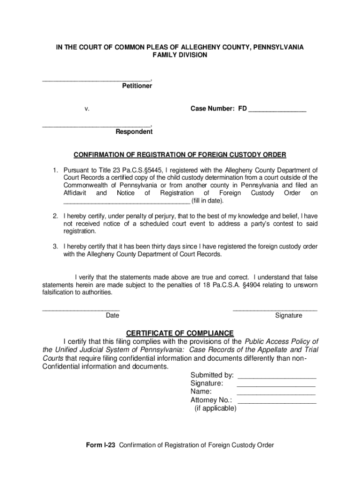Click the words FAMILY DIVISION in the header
(180, 55)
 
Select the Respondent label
(134, 132)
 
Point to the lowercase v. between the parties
(87, 109)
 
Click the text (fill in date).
(208, 201)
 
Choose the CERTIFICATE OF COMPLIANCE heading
(180, 333)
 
